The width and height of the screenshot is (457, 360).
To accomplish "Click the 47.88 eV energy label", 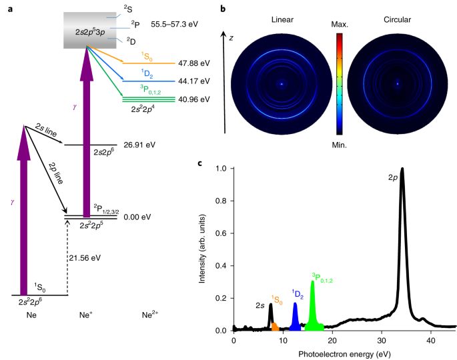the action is (194, 63).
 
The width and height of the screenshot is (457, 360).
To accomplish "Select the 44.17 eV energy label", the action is (194, 81).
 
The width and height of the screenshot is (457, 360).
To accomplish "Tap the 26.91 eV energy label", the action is (139, 145).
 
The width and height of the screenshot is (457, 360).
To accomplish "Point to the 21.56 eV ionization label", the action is (85, 258).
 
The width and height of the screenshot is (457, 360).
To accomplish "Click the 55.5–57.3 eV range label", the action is (174, 24).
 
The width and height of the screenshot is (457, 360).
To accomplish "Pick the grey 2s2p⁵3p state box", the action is (90, 30).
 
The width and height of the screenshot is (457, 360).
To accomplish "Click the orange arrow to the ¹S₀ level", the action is (105, 55).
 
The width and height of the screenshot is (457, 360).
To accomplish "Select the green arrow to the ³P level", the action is (105, 71).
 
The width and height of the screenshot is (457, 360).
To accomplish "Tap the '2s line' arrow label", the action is (46, 130).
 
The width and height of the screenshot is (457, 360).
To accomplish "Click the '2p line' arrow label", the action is (55, 173).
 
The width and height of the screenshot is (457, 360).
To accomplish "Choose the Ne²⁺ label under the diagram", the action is (150, 315).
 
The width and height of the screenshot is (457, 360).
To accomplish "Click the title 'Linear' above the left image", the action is (282, 19).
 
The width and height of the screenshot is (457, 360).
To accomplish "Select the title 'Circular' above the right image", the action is (397, 19).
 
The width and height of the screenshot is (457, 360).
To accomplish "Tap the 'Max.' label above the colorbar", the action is (340, 25).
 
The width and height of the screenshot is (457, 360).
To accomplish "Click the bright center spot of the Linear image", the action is (282, 84).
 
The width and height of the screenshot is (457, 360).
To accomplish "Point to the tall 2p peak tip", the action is (402, 168).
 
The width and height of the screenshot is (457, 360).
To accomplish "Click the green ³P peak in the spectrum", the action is (313, 306).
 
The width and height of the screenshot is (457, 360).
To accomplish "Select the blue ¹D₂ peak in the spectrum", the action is (296, 317).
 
